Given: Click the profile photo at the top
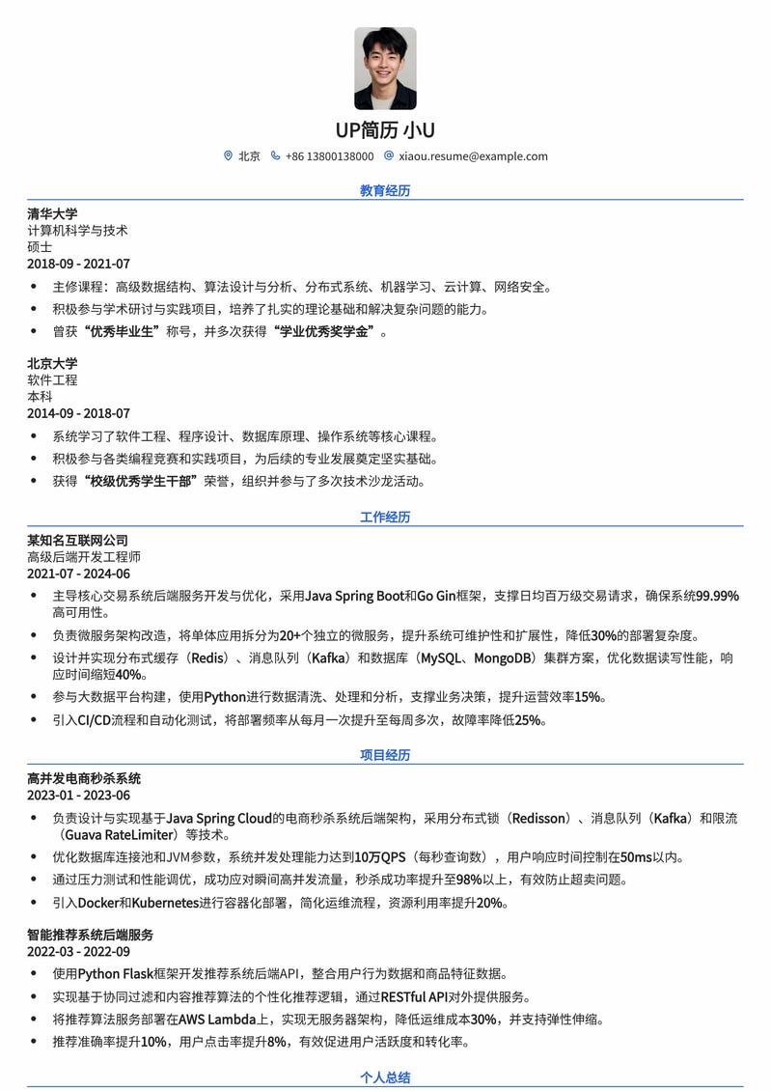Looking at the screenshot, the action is tap(385, 69).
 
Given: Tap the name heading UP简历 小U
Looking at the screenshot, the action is tap(385, 130).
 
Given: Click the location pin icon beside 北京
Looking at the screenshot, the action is tap(228, 155).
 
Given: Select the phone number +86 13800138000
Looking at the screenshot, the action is tap(329, 156).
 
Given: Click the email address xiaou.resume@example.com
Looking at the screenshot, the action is tap(473, 156).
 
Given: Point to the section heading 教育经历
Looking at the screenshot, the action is tap(385, 190).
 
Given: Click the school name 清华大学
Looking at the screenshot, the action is tap(52, 213).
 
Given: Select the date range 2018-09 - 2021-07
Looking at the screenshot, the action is tap(78, 264).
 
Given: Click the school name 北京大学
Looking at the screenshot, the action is tap(52, 363).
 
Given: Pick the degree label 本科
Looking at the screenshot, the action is tap(40, 396).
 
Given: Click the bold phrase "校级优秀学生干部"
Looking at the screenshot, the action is tap(140, 481).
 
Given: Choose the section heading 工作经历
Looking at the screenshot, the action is tap(385, 517).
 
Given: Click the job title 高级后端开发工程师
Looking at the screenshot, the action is tap(84, 557).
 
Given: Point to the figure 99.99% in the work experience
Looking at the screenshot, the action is tap(717, 596).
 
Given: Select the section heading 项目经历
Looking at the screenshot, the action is tap(385, 755).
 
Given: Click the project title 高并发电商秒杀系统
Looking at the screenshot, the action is tap(84, 778).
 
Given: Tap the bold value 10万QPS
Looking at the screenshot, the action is tap(380, 856).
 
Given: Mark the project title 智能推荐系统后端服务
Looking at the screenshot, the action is tap(90, 935).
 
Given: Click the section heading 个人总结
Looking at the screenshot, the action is tap(385, 1077).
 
